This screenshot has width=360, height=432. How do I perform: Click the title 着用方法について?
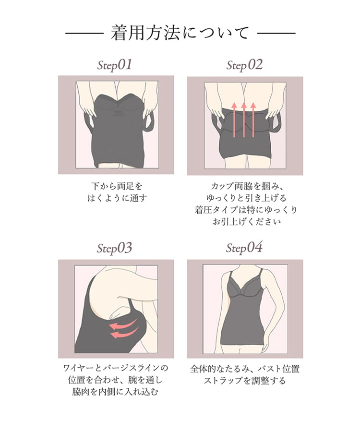(x=180, y=33)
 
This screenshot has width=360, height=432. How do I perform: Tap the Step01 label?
(x=115, y=65)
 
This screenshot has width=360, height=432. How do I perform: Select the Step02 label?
(x=244, y=65)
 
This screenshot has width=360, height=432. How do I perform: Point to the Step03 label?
(x=114, y=248)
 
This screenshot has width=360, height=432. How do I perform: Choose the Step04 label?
(x=244, y=247)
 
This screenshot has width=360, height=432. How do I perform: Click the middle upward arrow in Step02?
(x=244, y=120)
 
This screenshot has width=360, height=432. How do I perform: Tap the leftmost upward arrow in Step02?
(x=234, y=120)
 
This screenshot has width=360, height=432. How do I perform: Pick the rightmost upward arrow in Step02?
(x=253, y=120)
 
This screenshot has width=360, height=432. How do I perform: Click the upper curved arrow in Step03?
(x=123, y=325)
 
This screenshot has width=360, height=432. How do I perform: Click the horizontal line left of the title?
(x=84, y=33)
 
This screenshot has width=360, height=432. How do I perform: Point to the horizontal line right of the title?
(x=276, y=33)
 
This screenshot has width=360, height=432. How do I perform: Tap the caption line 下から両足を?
(x=117, y=186)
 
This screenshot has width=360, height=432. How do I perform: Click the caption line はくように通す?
(x=117, y=198)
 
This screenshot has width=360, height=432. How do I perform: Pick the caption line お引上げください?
(x=246, y=221)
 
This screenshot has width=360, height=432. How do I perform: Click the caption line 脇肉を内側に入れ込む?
(x=115, y=392)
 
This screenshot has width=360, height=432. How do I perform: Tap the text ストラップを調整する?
(x=245, y=381)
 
